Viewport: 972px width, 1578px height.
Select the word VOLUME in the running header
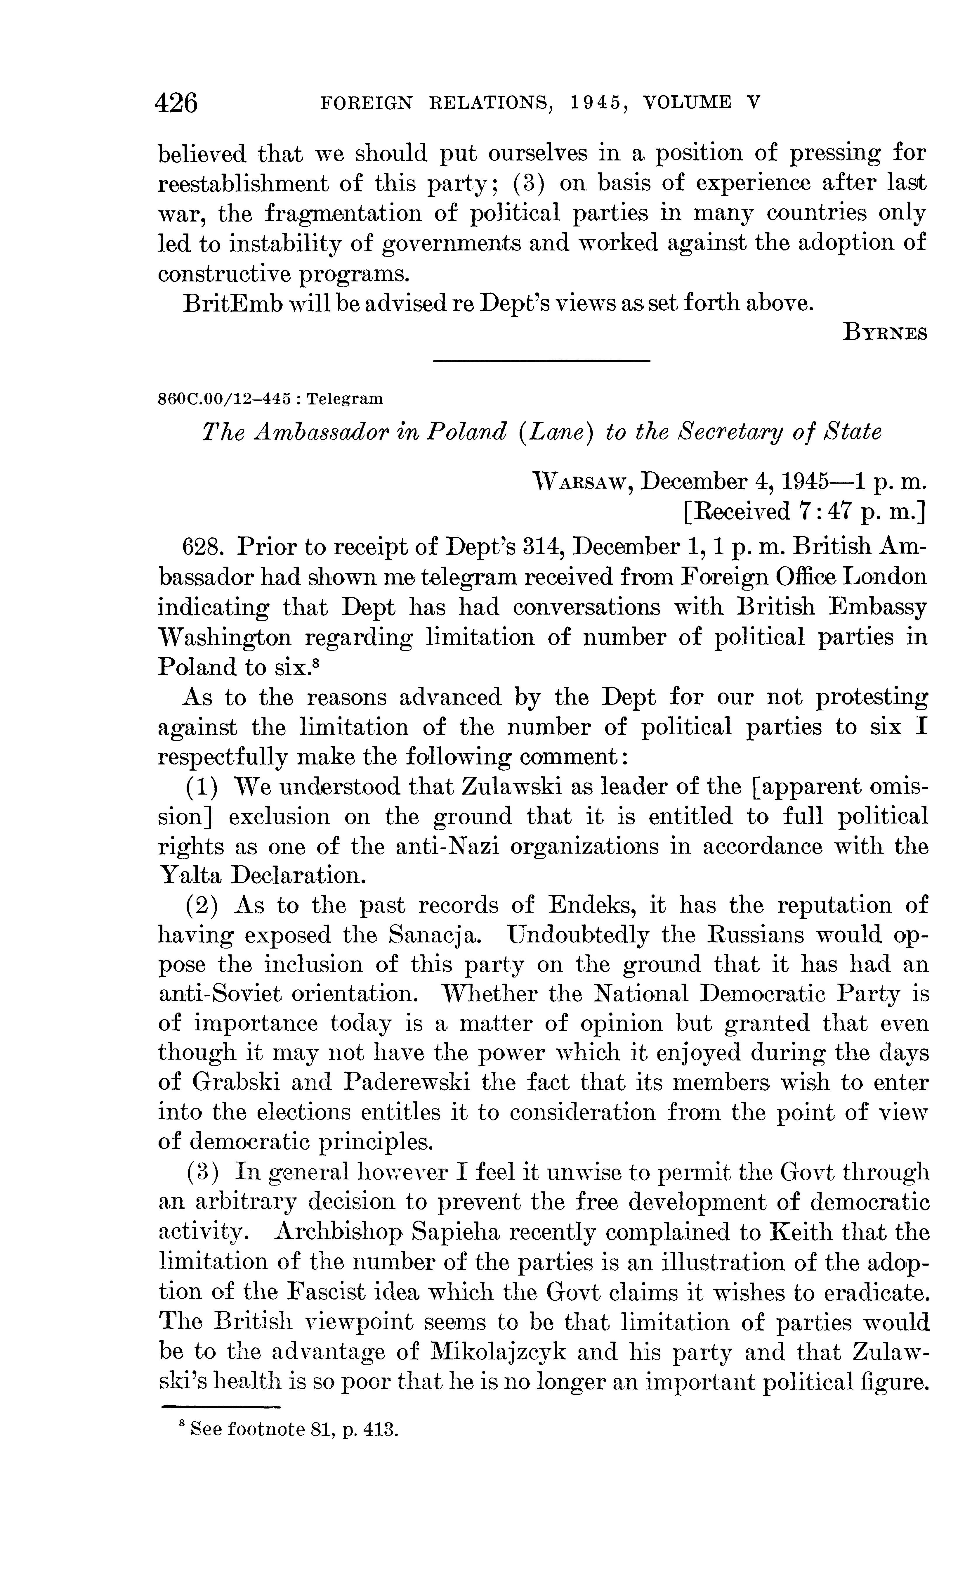(687, 103)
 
